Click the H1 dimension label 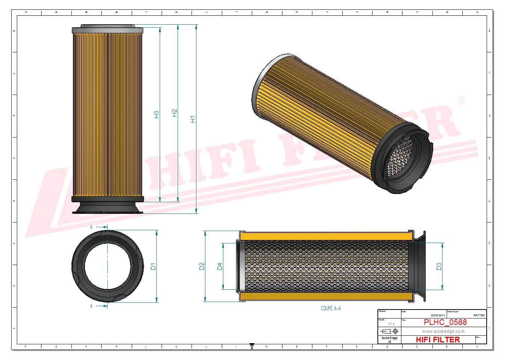(193, 119)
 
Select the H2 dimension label (174, 113)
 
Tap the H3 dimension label (156, 115)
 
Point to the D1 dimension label (153, 267)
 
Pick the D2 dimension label (202, 266)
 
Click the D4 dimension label (220, 266)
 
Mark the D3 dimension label (439, 266)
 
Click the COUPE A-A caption (331, 308)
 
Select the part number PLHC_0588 (445, 322)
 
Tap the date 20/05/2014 (438, 315)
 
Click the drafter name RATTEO (478, 315)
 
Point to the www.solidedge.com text (443, 331)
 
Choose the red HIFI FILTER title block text (438, 339)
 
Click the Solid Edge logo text (389, 338)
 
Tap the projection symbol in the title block (389, 331)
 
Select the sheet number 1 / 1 (391, 324)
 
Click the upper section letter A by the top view (91, 227)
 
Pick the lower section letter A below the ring (91, 306)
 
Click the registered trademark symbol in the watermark (462, 102)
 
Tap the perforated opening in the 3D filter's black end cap (400, 157)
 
